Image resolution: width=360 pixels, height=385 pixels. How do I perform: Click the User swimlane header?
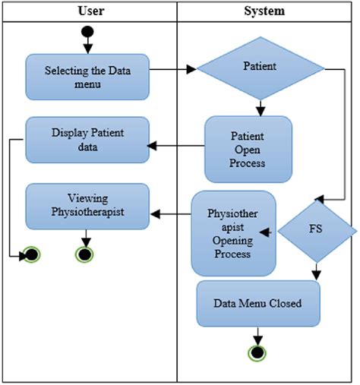click(x=90, y=11)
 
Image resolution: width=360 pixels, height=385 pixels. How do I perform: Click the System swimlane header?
click(x=264, y=11)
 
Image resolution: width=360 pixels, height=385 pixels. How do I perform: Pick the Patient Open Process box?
click(x=248, y=149)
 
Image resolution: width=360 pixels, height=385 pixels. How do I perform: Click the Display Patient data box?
click(x=87, y=139)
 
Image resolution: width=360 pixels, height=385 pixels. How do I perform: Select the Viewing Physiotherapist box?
click(x=87, y=205)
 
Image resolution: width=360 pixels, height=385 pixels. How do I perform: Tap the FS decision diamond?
click(x=314, y=230)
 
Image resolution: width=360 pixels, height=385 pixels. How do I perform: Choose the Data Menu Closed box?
click(x=257, y=303)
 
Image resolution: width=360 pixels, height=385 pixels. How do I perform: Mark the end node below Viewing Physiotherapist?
click(x=84, y=254)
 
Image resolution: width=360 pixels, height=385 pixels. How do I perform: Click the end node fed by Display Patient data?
click(x=31, y=254)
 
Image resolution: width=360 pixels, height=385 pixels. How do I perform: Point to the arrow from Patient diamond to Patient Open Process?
click(x=260, y=107)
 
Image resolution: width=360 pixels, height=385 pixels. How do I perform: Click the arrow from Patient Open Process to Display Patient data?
click(x=176, y=147)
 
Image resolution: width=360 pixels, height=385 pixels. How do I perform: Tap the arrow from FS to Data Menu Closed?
click(x=315, y=270)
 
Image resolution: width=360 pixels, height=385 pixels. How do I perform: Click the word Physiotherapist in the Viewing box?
click(x=87, y=212)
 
